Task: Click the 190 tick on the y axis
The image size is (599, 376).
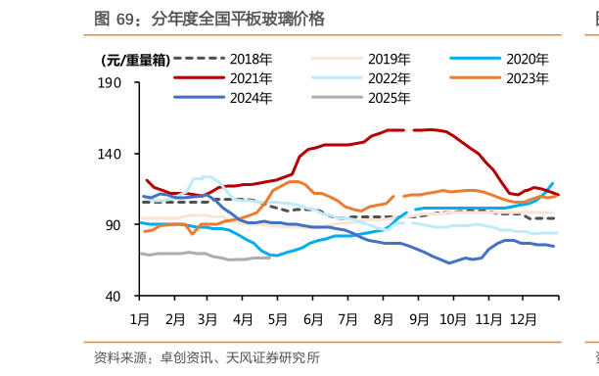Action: point(110,83)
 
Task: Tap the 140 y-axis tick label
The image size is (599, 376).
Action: point(110,154)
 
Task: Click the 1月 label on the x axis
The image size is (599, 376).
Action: point(140,319)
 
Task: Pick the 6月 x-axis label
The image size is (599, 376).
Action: point(313,319)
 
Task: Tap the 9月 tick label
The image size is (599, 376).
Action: point(418,319)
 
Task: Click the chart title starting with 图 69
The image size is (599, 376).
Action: point(209,19)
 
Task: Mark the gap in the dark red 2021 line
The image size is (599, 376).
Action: point(410,130)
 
